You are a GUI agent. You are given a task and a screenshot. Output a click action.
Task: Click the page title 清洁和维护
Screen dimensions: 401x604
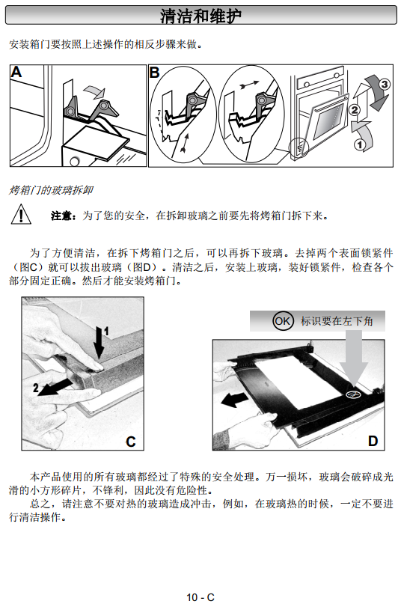(200, 16)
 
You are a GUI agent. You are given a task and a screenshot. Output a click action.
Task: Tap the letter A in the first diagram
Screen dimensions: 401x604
(16, 72)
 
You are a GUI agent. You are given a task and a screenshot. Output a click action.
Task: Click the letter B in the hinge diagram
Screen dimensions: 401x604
(154, 73)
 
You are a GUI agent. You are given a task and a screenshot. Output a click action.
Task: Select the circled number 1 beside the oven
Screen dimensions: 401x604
(360, 145)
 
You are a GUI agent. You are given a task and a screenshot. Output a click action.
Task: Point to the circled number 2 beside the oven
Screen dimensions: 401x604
(355, 110)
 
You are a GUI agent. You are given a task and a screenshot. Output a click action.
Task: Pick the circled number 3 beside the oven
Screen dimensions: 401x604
(385, 84)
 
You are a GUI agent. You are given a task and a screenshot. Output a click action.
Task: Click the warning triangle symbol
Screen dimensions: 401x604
(21, 214)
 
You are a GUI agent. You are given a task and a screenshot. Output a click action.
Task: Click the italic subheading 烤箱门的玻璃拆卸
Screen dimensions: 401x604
(51, 190)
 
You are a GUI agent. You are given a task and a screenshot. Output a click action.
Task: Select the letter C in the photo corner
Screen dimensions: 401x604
(131, 442)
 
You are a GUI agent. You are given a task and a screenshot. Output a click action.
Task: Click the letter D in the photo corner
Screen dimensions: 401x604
(373, 441)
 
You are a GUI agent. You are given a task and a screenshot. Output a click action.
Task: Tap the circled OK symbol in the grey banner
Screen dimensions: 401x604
(283, 321)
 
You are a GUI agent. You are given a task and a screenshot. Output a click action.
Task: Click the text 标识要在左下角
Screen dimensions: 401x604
(337, 321)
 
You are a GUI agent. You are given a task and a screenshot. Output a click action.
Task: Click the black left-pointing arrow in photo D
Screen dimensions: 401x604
(235, 400)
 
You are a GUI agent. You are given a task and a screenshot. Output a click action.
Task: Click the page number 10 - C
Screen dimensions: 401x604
(200, 597)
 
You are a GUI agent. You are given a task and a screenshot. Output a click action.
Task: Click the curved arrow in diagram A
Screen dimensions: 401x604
(95, 92)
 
